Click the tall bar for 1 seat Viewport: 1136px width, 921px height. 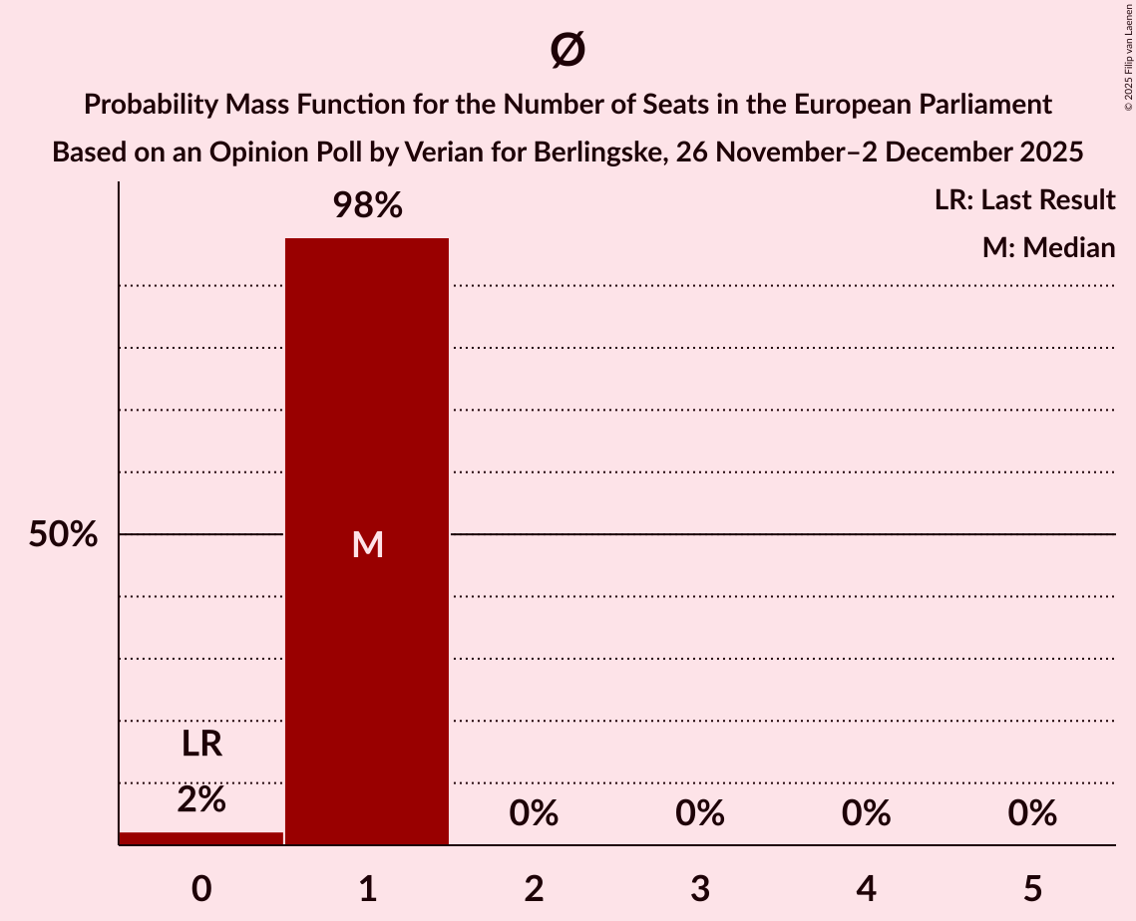367,541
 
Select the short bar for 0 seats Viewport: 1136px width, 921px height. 201,838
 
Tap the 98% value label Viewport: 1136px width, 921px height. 367,206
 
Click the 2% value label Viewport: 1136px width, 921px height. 201,799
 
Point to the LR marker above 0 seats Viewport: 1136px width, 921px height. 201,745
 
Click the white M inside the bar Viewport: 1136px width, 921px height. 367,544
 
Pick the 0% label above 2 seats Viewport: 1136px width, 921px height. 534,813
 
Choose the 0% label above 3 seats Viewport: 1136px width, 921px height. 699,813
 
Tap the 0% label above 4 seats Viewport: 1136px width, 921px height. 866,813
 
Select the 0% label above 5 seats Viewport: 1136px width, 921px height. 1031,813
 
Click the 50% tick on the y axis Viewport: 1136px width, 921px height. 63,535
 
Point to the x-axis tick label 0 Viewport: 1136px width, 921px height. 201,888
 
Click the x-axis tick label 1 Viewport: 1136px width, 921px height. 367,888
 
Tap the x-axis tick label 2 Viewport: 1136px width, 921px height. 534,888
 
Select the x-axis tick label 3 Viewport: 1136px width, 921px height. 699,888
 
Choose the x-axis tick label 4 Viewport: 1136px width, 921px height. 866,888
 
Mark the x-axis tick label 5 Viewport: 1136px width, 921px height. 1031,888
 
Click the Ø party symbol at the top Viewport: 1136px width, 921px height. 568,50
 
